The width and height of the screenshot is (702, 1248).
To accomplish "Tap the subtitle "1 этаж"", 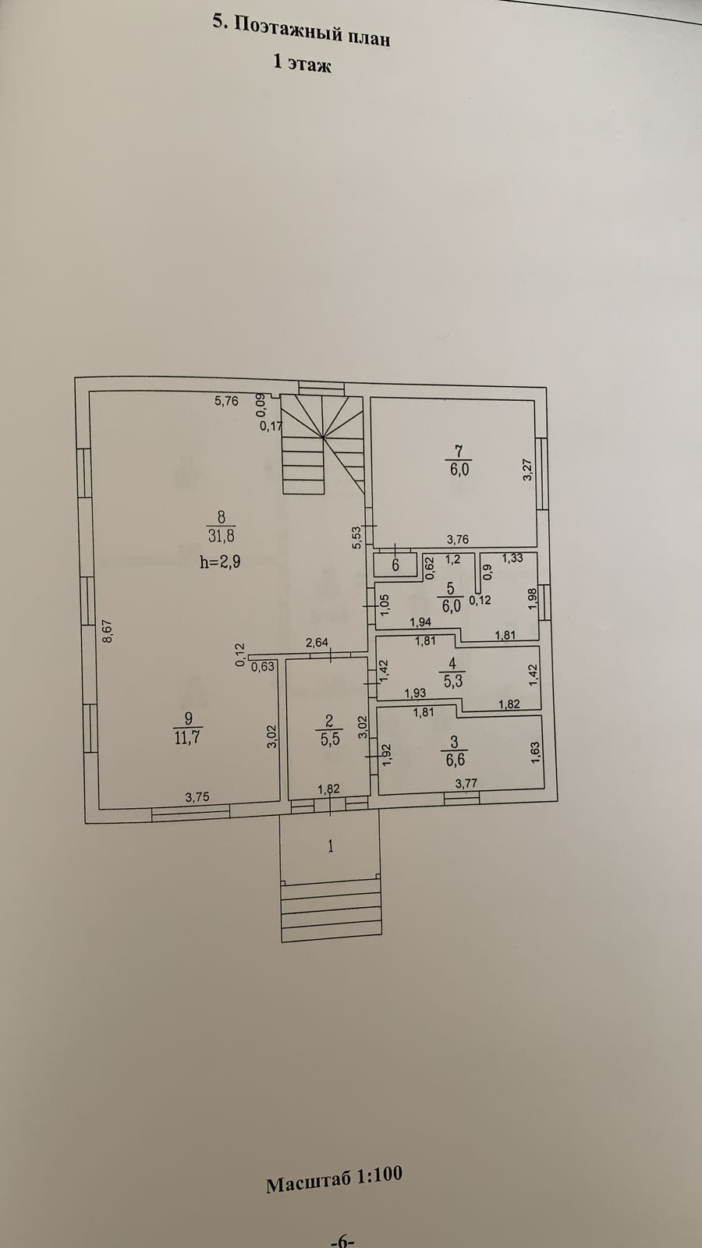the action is pos(302,65).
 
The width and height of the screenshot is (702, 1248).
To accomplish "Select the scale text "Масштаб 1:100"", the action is pos(334,1179).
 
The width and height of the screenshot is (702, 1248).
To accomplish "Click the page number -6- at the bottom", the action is pos(343,1239).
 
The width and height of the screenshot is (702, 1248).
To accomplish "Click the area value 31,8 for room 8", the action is pos(221,536).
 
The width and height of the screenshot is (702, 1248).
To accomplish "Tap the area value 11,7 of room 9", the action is pos(188,737).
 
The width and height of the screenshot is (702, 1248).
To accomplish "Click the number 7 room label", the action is pos(459,449).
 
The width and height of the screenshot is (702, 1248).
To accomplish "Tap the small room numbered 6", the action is pos(395,565).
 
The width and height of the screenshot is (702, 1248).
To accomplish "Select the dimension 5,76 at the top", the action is pos(226,401).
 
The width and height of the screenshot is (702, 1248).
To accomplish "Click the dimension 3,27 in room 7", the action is pos(528,470).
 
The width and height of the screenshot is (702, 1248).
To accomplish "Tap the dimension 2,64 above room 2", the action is pos(317,642).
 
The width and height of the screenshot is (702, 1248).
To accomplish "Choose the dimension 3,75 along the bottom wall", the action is pos(197,796).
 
